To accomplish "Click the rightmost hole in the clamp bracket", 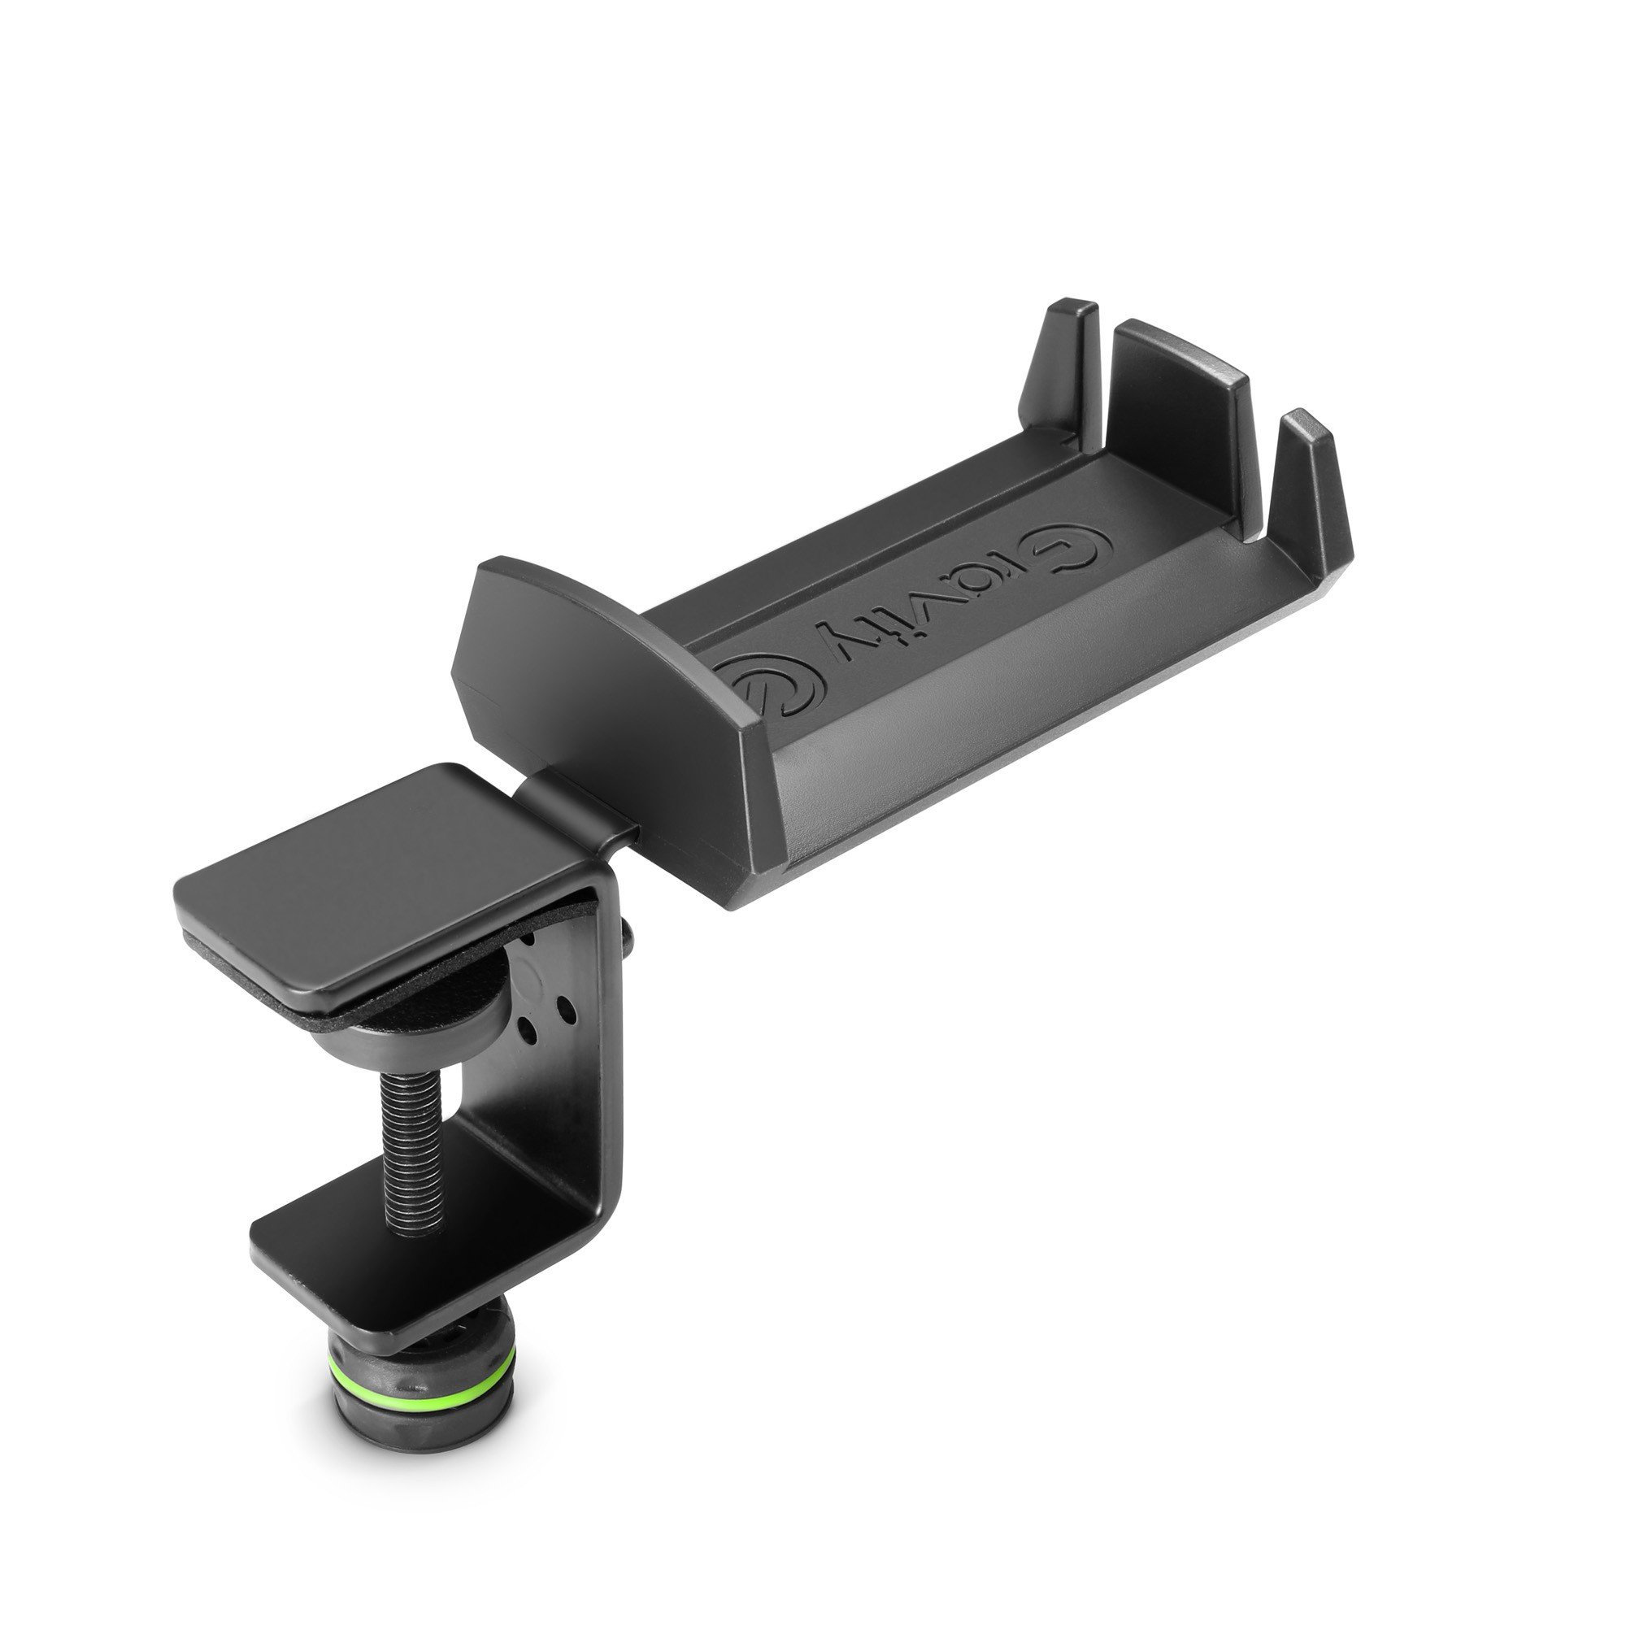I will click(567, 1007).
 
